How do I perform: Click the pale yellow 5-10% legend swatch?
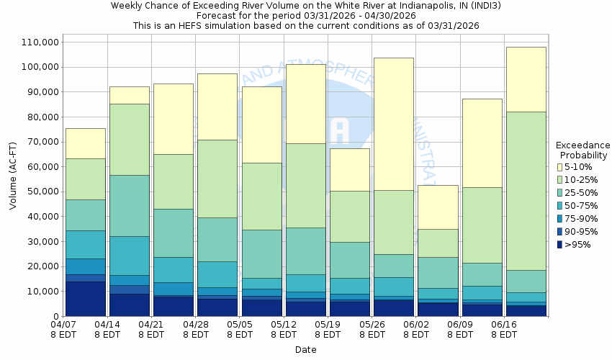point(559,167)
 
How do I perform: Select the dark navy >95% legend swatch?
point(559,245)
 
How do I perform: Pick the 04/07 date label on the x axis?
point(63,325)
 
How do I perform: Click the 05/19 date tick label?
point(328,325)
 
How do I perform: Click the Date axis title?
point(305,349)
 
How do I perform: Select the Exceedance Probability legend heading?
point(582,150)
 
